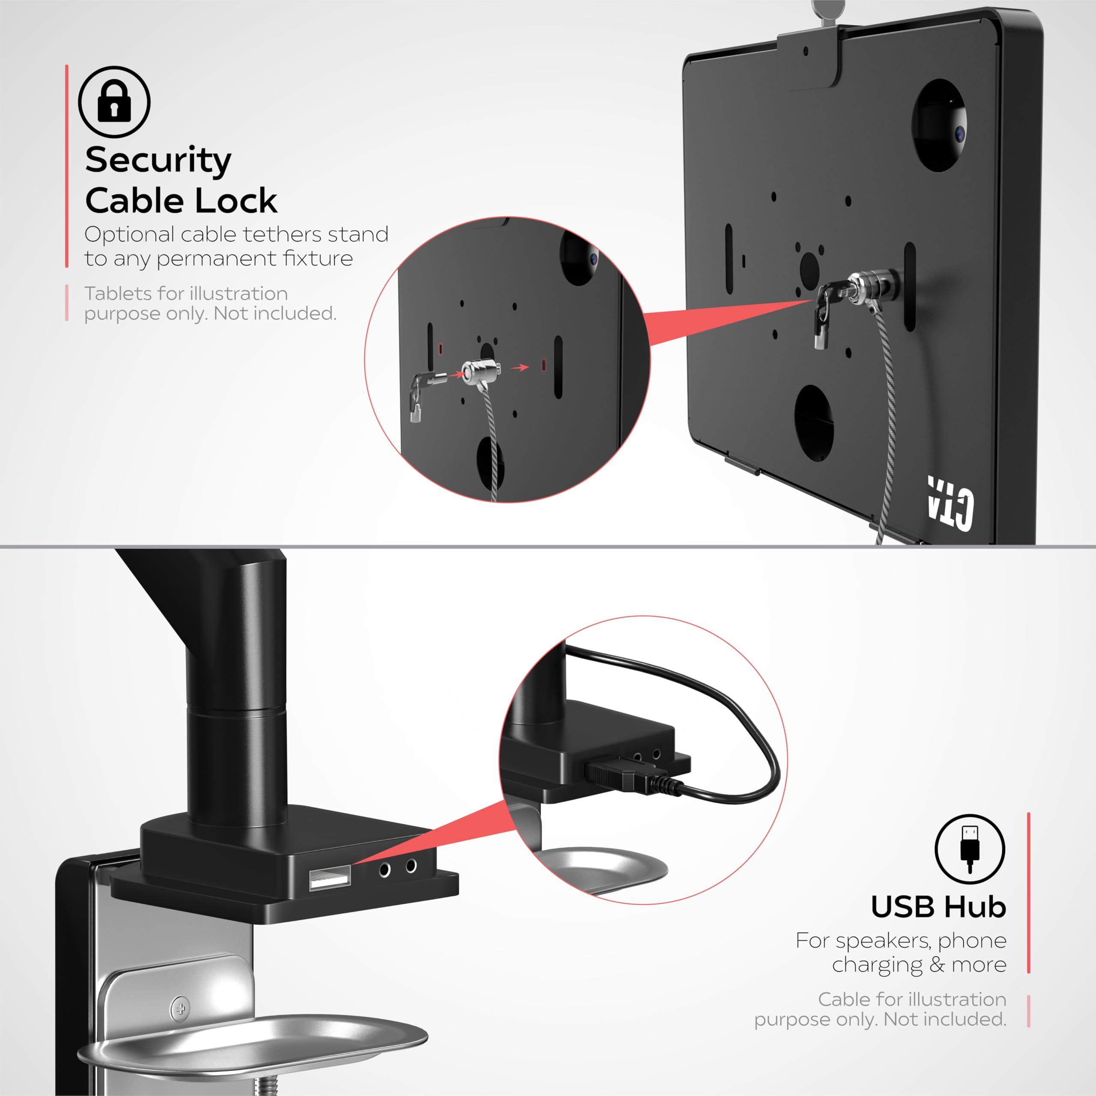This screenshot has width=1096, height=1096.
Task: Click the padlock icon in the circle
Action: (114, 101)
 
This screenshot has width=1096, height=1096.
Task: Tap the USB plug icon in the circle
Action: (969, 849)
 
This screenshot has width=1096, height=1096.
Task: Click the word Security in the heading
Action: (158, 161)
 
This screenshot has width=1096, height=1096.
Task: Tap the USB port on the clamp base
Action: (329, 879)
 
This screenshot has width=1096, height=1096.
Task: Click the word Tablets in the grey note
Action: (117, 294)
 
